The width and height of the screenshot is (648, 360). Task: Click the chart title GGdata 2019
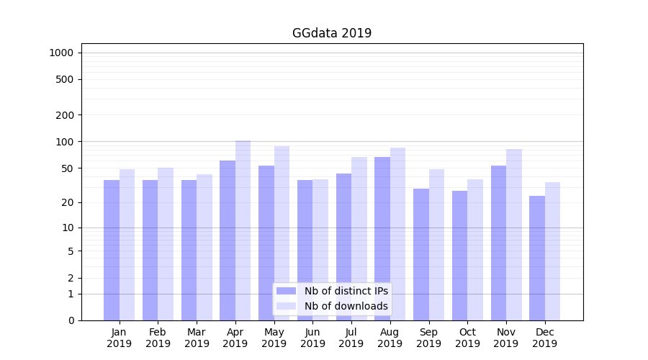pyautogui.click(x=332, y=33)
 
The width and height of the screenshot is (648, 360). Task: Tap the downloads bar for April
pyautogui.click(x=243, y=230)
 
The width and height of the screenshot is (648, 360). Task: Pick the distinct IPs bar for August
pyautogui.click(x=382, y=238)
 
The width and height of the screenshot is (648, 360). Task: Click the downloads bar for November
pyautogui.click(x=514, y=235)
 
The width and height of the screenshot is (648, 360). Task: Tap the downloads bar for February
pyautogui.click(x=166, y=244)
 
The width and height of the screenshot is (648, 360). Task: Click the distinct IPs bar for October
pyautogui.click(x=460, y=256)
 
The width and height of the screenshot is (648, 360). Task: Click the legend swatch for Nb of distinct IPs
pyautogui.click(x=287, y=291)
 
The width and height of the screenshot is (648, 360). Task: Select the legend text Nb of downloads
pyautogui.click(x=346, y=306)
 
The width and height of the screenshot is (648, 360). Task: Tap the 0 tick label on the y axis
pyautogui.click(x=71, y=320)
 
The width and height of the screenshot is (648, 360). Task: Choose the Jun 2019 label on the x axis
pyautogui.click(x=312, y=338)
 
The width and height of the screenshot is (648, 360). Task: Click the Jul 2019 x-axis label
pyautogui.click(x=351, y=338)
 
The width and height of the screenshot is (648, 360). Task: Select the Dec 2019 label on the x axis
pyautogui.click(x=544, y=338)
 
